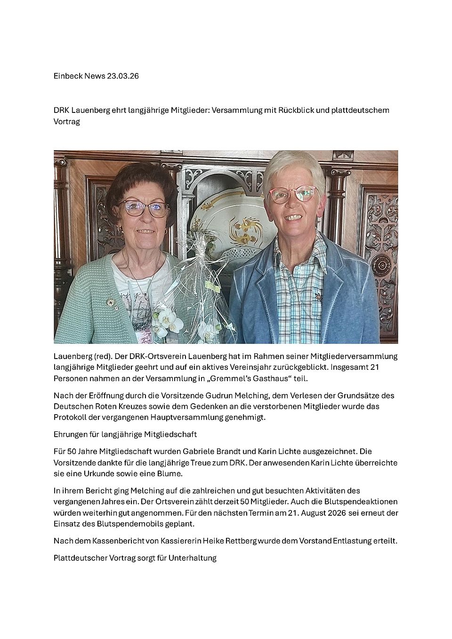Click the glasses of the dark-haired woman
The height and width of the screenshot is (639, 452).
click(144, 208)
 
